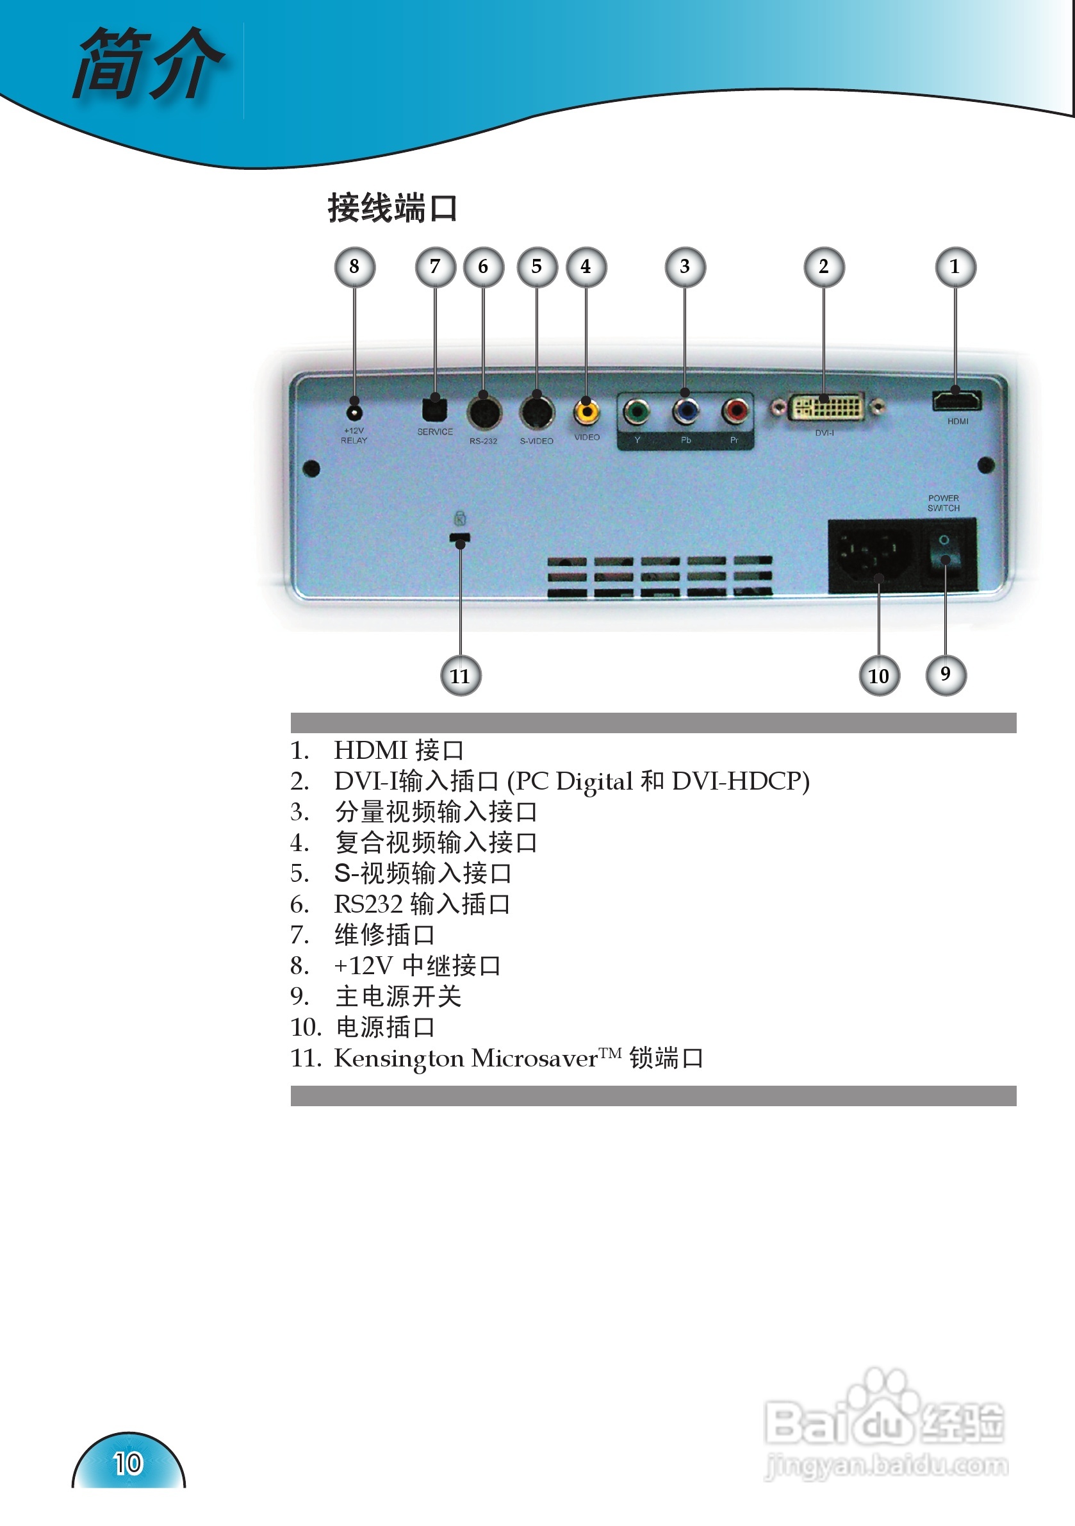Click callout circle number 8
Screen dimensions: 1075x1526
(354, 267)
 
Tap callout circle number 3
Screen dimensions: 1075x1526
(685, 267)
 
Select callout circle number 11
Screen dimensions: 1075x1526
(461, 676)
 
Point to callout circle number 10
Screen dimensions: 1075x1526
(879, 676)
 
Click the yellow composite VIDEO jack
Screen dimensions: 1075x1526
(586, 412)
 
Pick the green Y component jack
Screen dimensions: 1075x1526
(637, 412)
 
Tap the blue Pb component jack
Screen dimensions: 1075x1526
(685, 411)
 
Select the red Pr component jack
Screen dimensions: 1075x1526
(735, 411)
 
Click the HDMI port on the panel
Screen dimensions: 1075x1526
(956, 401)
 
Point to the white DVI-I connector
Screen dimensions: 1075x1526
(826, 408)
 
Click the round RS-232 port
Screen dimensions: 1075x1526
(484, 413)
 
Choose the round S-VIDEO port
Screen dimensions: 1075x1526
(537, 413)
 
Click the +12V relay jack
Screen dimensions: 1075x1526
(354, 413)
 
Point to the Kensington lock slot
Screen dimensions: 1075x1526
(459, 538)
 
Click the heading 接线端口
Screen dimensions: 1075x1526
(393, 208)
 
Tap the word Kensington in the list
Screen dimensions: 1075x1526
(398, 1059)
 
